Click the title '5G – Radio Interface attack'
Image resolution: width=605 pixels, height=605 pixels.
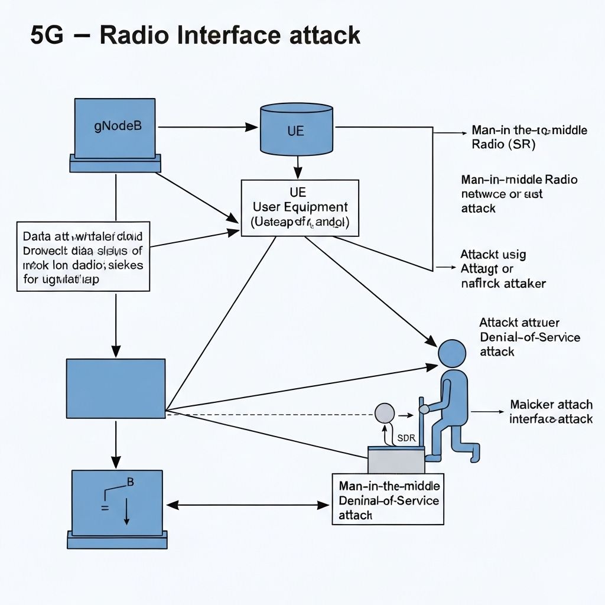click(195, 36)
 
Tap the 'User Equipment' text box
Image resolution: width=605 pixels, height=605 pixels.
click(300, 208)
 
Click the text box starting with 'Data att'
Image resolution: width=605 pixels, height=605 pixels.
click(83, 256)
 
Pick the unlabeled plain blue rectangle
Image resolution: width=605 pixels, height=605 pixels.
click(115, 388)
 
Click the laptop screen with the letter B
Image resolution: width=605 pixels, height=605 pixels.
click(117, 500)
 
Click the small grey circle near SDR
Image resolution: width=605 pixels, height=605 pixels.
click(385, 412)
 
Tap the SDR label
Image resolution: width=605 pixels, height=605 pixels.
click(407, 438)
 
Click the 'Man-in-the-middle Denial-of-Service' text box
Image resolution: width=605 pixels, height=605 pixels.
click(388, 499)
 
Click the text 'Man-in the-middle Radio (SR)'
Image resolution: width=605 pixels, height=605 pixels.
click(529, 137)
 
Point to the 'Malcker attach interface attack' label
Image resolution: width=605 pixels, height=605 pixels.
click(551, 412)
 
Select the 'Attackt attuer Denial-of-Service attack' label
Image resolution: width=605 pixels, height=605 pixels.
click(529, 337)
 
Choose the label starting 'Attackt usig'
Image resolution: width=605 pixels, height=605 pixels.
click(502, 269)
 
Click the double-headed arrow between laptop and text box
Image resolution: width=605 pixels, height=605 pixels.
click(248, 505)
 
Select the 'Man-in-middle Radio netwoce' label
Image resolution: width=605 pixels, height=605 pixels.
click(519, 194)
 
